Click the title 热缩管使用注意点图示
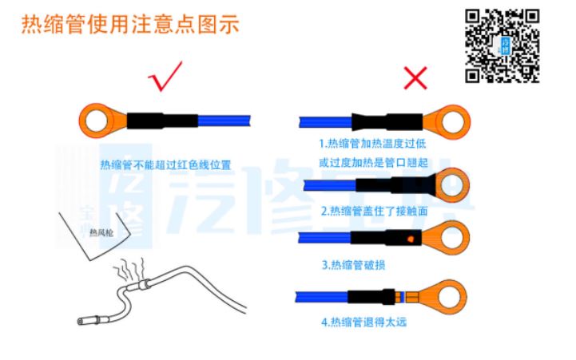point(130,24)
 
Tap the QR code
point(503,46)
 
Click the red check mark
point(165,77)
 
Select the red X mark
point(415,77)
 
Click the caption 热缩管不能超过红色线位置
point(165,165)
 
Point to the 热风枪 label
point(101,232)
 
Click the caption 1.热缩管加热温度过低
point(372,143)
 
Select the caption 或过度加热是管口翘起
point(373,162)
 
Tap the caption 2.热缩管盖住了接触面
point(375,211)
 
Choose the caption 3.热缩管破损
point(353,264)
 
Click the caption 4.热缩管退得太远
point(364,322)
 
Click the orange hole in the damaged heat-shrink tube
point(411,239)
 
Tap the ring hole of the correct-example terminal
point(96,121)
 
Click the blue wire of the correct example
point(224,121)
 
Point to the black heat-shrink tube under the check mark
point(162,121)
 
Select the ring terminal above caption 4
point(436,296)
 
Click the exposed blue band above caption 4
point(403,297)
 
